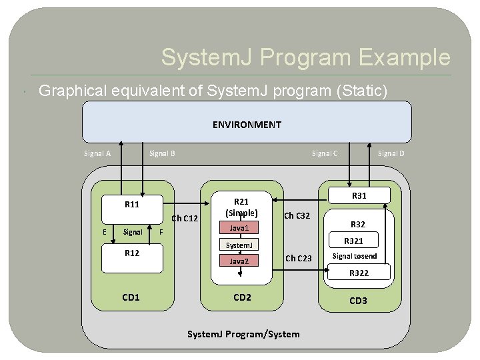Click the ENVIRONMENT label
(x=247, y=125)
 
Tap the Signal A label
(x=97, y=153)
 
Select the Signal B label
(x=162, y=153)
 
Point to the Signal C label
(x=325, y=153)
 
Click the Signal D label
(x=391, y=153)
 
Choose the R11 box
(x=132, y=205)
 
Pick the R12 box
(x=132, y=253)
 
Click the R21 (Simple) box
(x=241, y=207)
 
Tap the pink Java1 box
(x=239, y=229)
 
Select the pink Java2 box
(x=239, y=262)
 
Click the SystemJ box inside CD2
(x=239, y=245)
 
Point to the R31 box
(x=359, y=195)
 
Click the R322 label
(x=359, y=273)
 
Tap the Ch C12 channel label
(x=185, y=218)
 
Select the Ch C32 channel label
(x=297, y=215)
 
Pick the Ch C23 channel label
(x=298, y=259)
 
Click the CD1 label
(x=131, y=297)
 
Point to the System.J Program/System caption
(x=243, y=334)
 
